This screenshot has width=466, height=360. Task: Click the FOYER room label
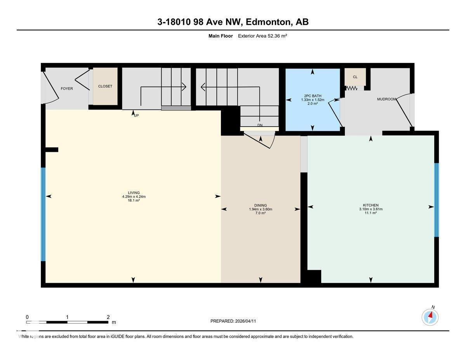click(67, 89)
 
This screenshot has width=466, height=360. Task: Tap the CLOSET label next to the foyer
click(105, 86)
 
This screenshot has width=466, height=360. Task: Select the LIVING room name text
click(134, 193)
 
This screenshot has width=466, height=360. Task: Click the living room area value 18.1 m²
click(134, 200)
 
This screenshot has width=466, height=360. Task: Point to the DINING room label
click(260, 205)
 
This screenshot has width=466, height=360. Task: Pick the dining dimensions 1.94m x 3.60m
click(260, 209)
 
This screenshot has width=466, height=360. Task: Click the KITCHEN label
click(370, 205)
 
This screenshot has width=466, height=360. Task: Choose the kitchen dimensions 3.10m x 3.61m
click(370, 209)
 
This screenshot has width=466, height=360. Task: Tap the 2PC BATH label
click(313, 96)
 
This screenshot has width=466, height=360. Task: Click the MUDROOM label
click(386, 99)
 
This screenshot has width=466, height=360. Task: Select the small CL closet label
click(355, 77)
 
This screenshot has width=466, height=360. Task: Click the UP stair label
click(136, 115)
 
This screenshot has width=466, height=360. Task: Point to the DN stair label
click(260, 125)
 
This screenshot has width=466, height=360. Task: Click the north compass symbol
click(430, 317)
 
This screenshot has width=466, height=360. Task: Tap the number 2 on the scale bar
click(108, 317)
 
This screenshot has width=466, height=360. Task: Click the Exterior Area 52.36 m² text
click(262, 36)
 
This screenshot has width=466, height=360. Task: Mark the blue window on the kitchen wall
click(436, 200)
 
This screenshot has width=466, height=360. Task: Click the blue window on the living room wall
click(43, 214)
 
